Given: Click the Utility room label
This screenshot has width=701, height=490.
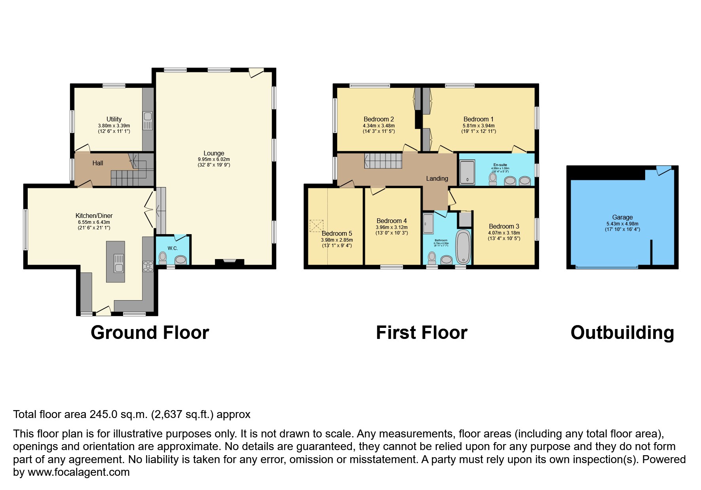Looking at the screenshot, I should point(114,119).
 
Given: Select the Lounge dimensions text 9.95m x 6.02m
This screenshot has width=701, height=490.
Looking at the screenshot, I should point(214,159).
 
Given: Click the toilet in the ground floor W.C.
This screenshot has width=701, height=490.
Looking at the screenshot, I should point(163,258).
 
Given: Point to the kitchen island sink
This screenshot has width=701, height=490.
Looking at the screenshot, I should point(119,263).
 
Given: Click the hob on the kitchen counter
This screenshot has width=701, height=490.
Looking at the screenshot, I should point(148,266).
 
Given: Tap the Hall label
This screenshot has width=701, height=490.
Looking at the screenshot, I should point(98,163).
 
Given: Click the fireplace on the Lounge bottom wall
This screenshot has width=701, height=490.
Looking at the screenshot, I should point(230,261).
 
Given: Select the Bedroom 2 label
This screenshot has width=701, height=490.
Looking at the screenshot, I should point(379,119).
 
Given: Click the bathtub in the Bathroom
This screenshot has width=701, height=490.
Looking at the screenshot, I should point(463,247).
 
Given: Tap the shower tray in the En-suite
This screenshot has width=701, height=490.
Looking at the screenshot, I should point(467,172).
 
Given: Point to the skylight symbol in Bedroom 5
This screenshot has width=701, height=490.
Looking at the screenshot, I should point(316,226).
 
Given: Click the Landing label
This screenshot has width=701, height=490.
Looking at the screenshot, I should point(437,178).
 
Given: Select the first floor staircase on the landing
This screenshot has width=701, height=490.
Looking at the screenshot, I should point(383,161).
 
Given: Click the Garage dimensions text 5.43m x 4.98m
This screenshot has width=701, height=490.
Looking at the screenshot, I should point(622,223).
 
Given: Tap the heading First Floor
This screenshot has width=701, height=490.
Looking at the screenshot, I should point(422,333).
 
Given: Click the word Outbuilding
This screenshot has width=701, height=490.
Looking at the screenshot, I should point(622,333).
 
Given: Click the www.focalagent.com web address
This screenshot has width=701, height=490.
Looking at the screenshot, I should point(78,472).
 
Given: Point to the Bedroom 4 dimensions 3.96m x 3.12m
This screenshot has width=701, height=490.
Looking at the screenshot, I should point(391,227).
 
